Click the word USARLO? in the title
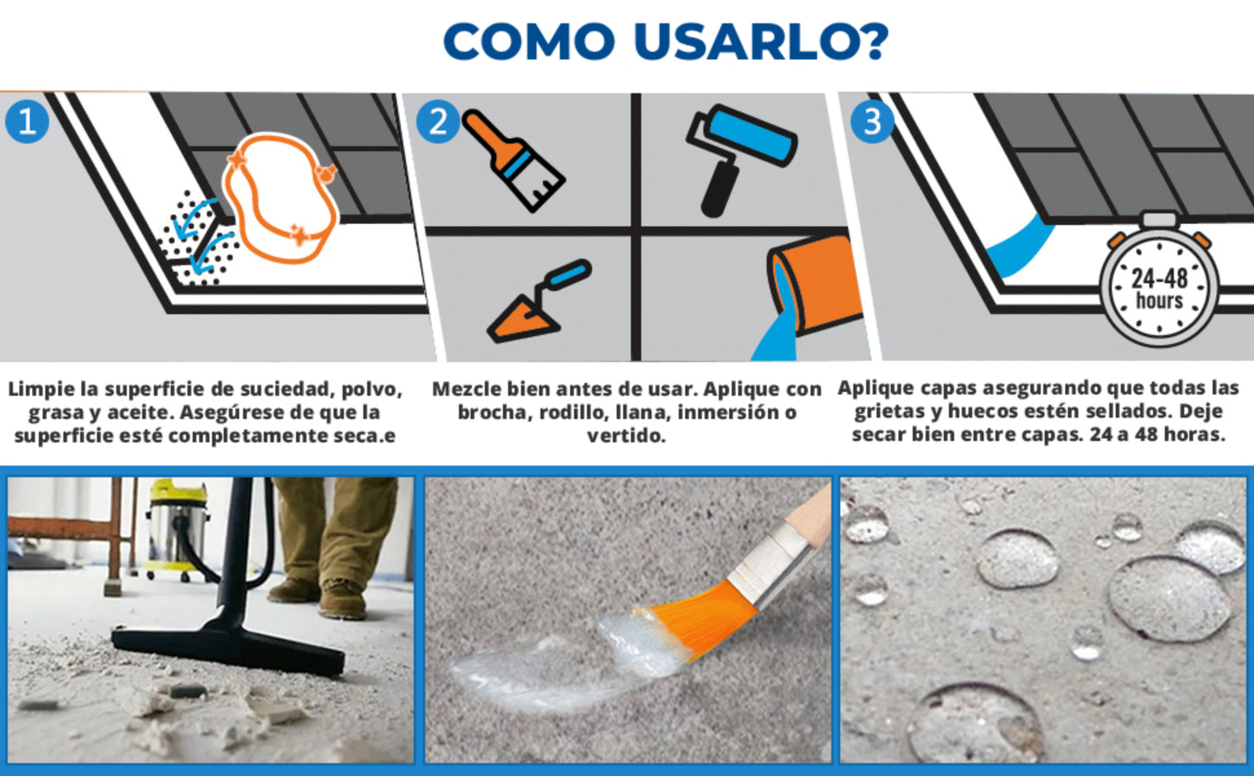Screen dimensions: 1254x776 (761, 42)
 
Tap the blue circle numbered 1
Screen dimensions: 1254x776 (27, 122)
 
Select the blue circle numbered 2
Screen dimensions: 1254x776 (437, 122)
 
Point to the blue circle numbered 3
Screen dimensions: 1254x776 (871, 122)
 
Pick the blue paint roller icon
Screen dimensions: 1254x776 (740, 160)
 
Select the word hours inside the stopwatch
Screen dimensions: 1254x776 (1159, 301)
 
